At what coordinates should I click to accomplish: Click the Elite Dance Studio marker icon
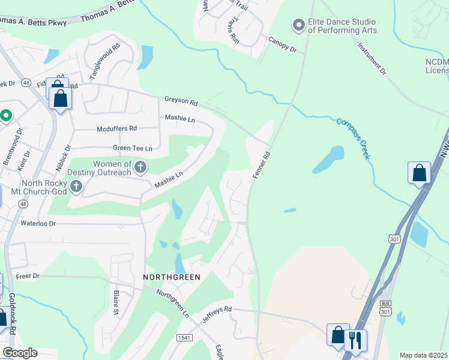click(x=298, y=25)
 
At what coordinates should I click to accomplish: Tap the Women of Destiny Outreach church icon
click(x=140, y=167)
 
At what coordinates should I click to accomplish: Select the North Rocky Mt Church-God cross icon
click(x=76, y=187)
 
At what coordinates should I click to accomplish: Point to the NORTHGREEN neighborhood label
click(x=171, y=277)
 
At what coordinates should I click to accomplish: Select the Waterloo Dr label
click(x=38, y=223)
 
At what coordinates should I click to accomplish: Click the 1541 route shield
click(x=185, y=338)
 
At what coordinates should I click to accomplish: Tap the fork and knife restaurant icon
click(x=355, y=340)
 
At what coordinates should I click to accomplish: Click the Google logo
click(x=20, y=353)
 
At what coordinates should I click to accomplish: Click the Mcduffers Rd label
click(x=116, y=128)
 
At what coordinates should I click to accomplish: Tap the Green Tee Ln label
click(x=132, y=148)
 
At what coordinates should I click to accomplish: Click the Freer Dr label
click(x=27, y=276)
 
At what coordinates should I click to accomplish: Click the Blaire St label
click(x=116, y=303)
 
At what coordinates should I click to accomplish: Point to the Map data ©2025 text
click(x=423, y=355)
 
